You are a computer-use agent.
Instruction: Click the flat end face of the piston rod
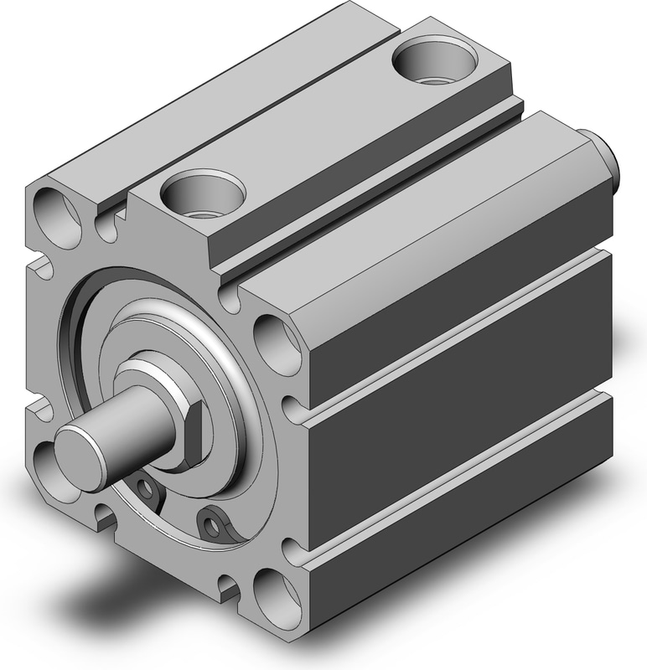[x=80, y=450]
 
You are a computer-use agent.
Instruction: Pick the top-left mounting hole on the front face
[x=54, y=214]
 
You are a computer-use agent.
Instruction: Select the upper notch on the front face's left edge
[x=40, y=268]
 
